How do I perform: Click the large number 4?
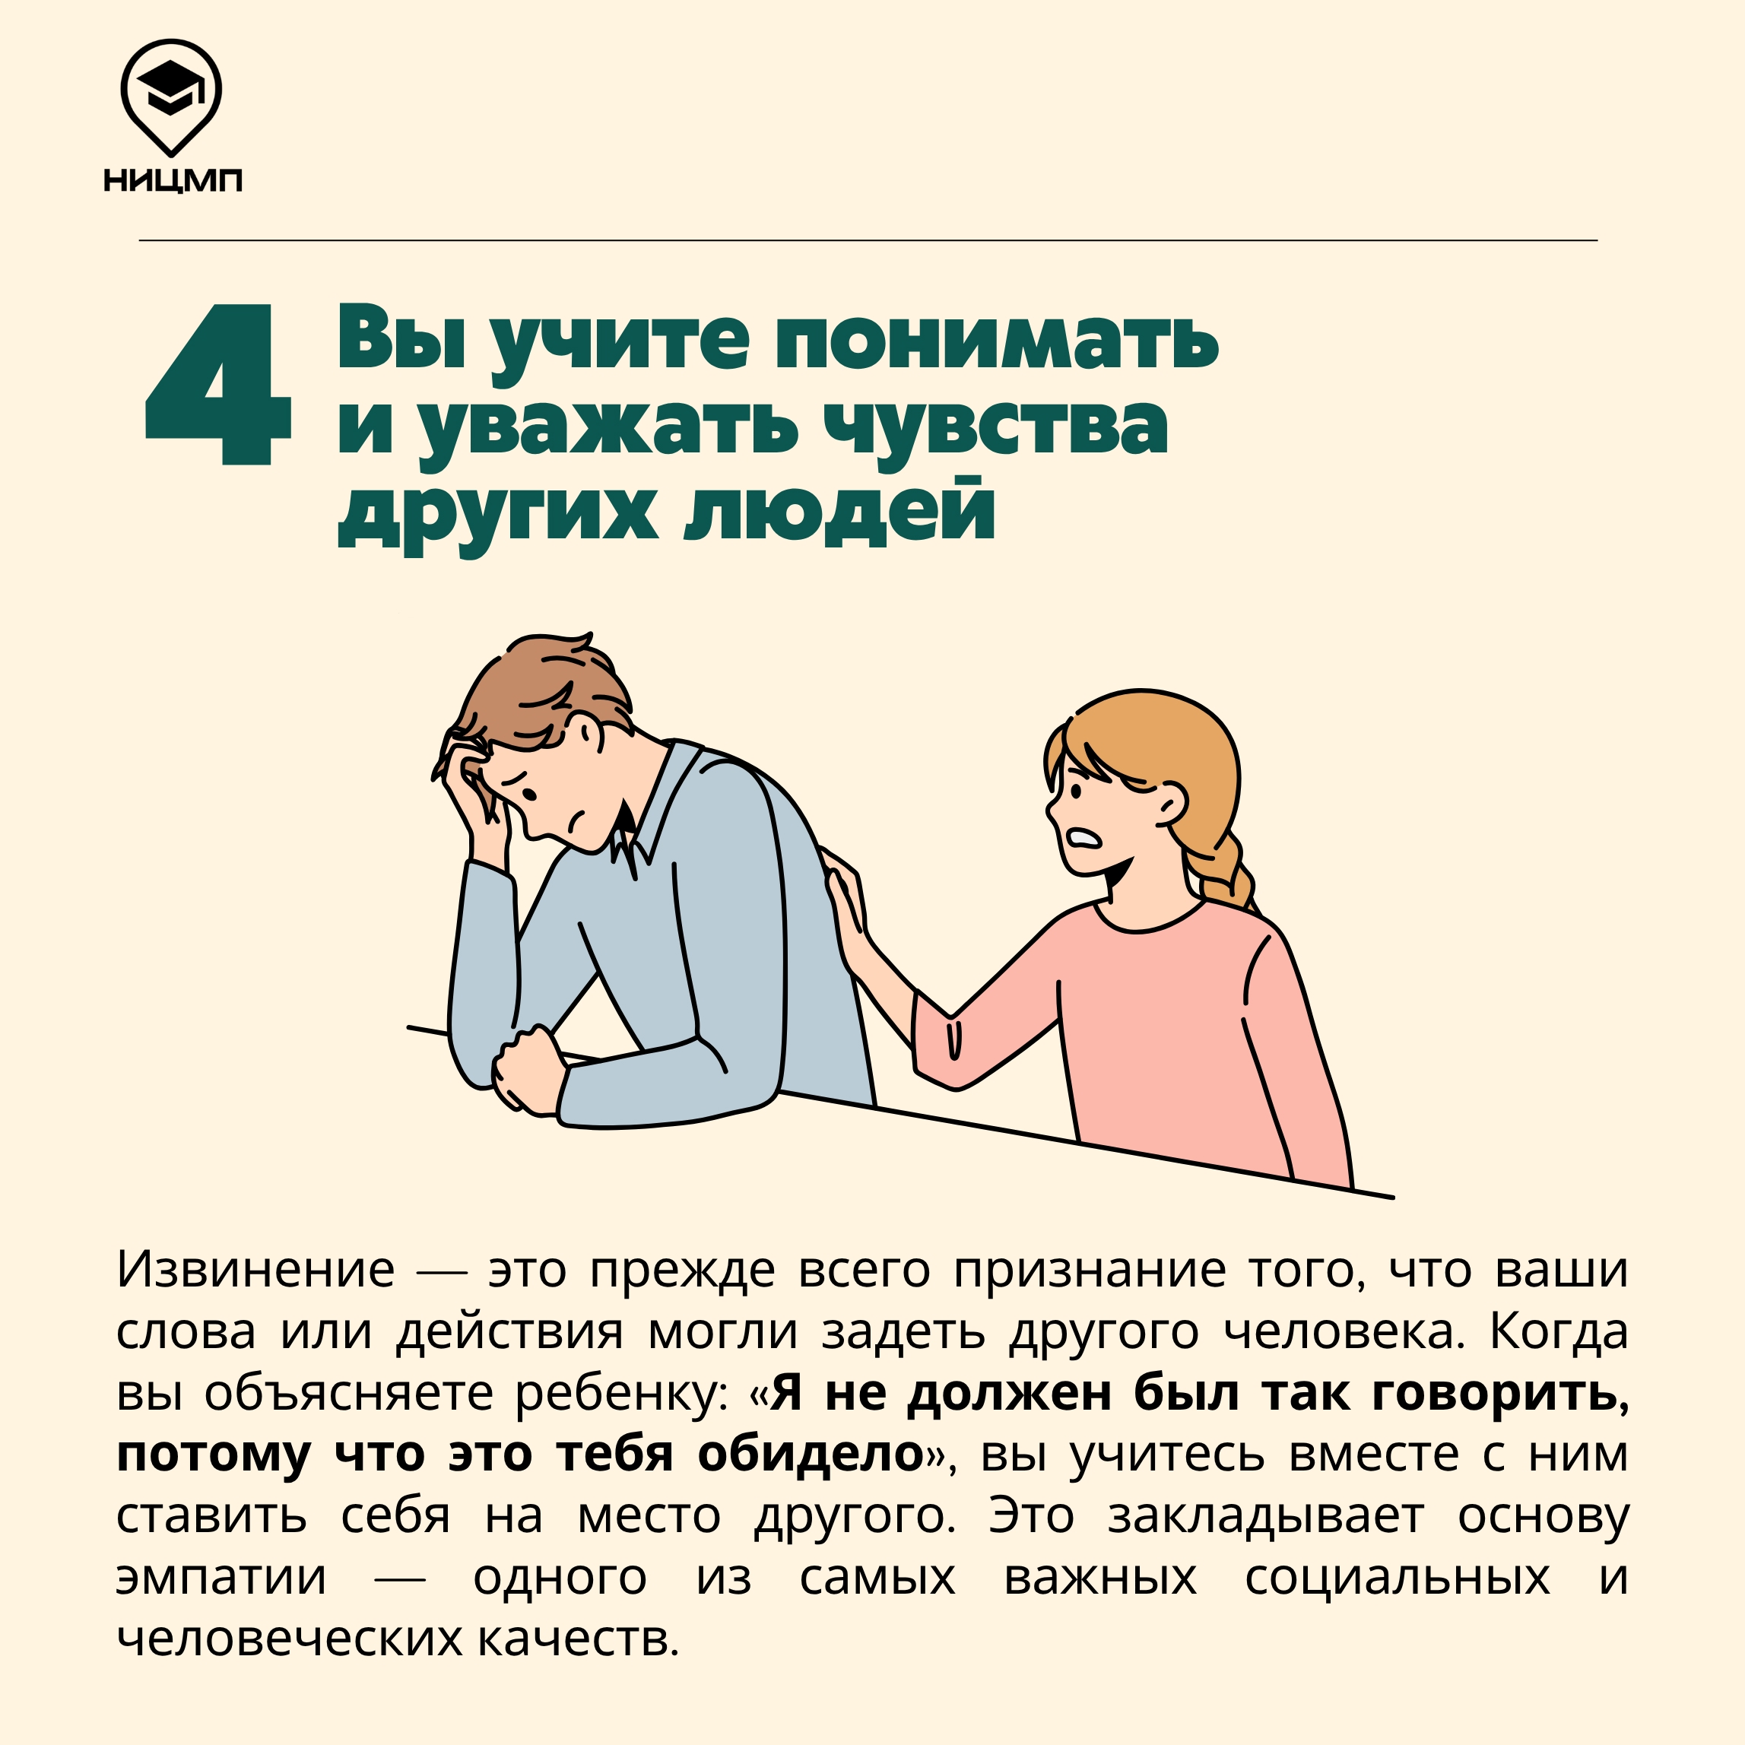[217, 385]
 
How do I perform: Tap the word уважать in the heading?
[610, 427]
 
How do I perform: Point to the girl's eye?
[1076, 788]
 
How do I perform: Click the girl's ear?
[1172, 802]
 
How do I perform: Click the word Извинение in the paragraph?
[255, 1270]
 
